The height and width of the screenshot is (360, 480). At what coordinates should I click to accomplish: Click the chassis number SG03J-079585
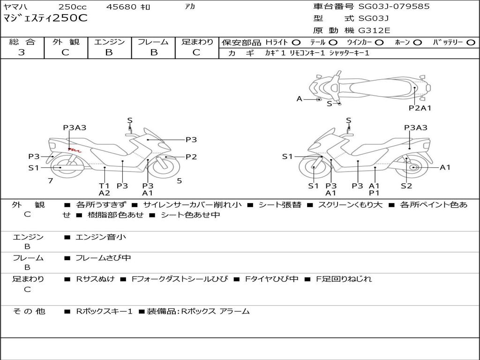[394, 7]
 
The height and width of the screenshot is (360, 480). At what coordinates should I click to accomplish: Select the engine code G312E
[374, 30]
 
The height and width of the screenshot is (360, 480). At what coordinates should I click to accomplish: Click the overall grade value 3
[22, 52]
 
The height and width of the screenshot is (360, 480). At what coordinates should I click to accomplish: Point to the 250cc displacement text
[73, 7]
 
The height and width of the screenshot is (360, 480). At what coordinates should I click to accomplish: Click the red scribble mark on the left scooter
[75, 150]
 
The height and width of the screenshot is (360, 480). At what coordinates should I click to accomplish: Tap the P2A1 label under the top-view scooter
[420, 108]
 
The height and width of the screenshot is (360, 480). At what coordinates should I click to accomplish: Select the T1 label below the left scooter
[104, 186]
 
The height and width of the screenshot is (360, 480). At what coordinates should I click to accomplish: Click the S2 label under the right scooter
[406, 186]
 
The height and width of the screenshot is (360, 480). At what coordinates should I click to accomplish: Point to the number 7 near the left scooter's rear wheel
[51, 181]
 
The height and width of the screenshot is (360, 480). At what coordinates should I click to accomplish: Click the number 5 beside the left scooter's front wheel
[180, 181]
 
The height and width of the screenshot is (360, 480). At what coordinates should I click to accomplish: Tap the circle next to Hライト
[296, 43]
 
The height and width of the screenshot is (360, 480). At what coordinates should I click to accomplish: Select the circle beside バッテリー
[471, 43]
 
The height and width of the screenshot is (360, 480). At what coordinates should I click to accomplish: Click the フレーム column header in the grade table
[153, 42]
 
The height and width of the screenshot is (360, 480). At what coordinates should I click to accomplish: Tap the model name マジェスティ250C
[45, 18]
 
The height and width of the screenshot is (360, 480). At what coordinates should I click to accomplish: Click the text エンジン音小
[101, 237]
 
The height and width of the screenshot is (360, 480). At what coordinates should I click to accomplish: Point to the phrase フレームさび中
[103, 258]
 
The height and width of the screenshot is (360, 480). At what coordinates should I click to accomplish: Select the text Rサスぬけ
[95, 279]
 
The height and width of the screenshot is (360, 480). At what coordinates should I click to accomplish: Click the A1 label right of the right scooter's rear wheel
[445, 167]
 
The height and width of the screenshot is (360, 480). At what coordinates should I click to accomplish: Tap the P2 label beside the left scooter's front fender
[191, 157]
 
